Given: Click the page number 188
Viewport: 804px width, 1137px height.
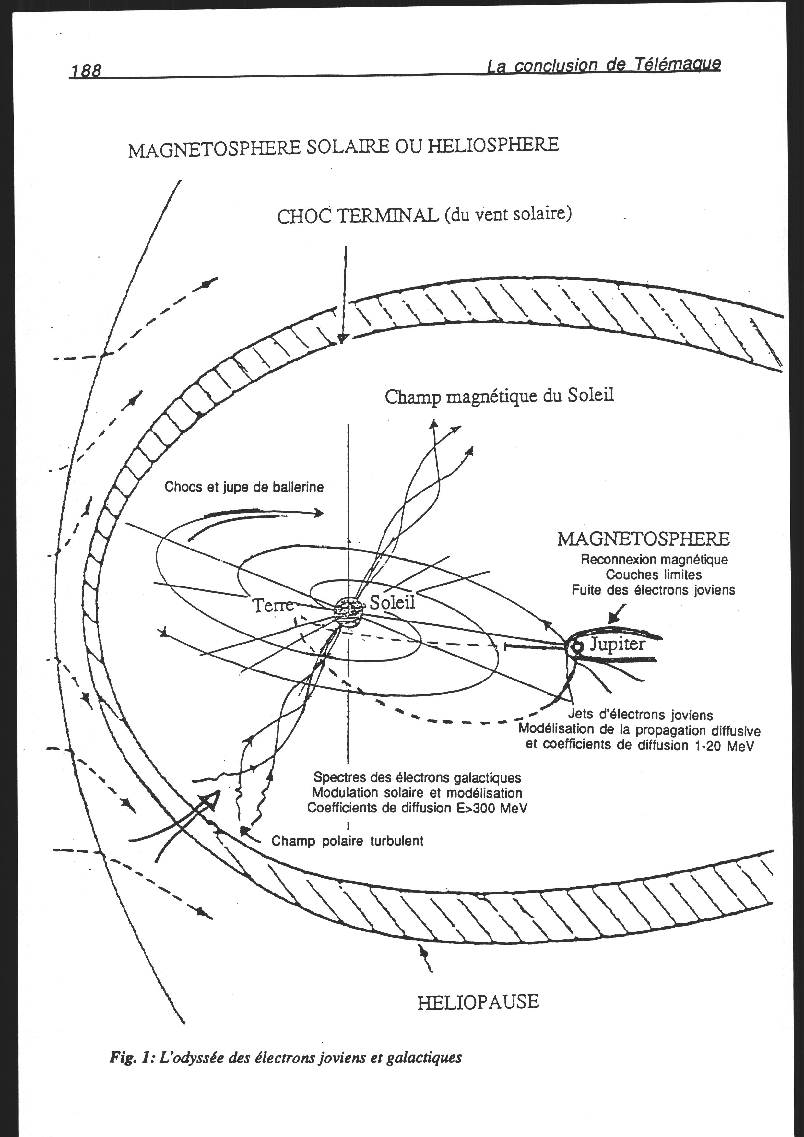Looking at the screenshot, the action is pos(86,71).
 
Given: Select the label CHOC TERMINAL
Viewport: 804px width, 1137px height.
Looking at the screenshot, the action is pos(358,216).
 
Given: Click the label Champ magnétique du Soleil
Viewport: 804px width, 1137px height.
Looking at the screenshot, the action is pos(499,397).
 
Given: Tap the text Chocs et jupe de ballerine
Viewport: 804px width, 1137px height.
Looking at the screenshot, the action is pos(244,487).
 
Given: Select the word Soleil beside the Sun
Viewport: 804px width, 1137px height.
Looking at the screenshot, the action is pos(393,602).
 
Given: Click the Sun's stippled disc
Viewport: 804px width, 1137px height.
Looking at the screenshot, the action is pos(349,612).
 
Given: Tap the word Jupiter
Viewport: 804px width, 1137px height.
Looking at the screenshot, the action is pos(617,644).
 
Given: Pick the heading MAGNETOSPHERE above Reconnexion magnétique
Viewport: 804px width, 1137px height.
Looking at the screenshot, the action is pos(644,539).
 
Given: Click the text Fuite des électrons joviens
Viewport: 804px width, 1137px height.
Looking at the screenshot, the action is pos(654,590).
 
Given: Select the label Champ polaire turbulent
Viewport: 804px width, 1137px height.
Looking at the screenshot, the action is pos(348,841).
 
